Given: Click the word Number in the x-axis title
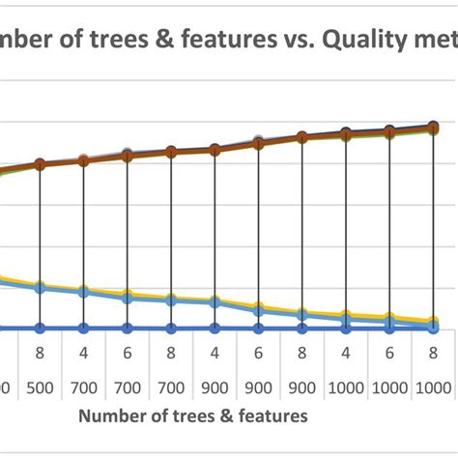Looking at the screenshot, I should coord(117,415).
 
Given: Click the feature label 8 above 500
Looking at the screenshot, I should coord(40,353).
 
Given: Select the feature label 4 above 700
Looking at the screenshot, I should coord(83,353).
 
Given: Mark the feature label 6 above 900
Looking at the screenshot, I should coord(258,353).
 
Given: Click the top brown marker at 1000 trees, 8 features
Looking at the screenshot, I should coord(433,127).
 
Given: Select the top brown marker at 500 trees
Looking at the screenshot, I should coord(40,164).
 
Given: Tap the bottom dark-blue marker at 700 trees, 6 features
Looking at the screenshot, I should coord(127,329).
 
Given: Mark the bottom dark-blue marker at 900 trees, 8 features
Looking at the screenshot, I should coord(301,329).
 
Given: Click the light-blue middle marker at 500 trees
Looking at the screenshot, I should coord(40,287).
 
